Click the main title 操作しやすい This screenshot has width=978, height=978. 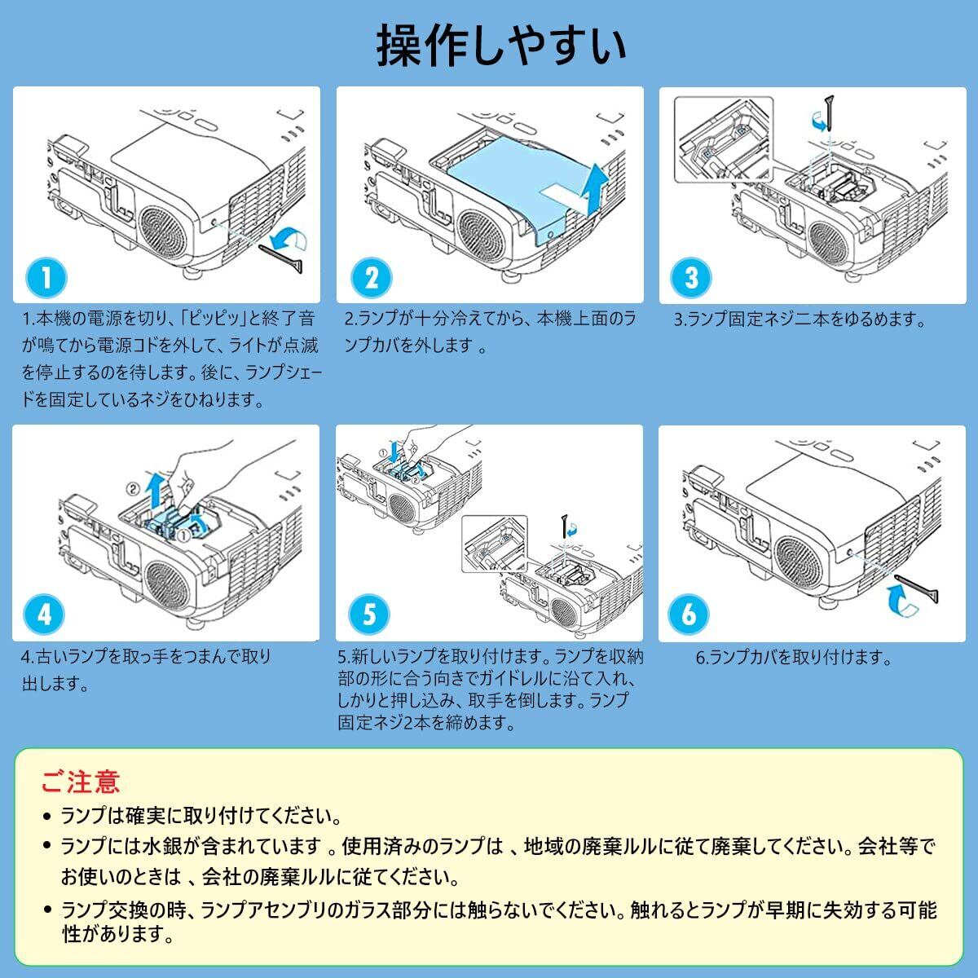501,46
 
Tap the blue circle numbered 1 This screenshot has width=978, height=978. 46,278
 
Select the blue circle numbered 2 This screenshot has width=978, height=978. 372,278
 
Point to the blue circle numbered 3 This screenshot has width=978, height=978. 691,278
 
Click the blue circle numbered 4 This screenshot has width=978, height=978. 44,615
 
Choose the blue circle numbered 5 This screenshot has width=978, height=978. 369,615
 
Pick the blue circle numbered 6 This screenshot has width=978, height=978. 689,615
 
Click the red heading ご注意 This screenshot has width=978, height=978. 81,782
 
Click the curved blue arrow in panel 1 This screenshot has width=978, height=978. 289,239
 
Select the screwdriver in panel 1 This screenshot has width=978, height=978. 282,259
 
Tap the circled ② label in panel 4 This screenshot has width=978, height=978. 133,489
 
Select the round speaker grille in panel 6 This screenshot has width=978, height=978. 799,562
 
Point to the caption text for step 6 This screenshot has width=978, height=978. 794,657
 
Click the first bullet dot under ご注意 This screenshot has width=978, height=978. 48,817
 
